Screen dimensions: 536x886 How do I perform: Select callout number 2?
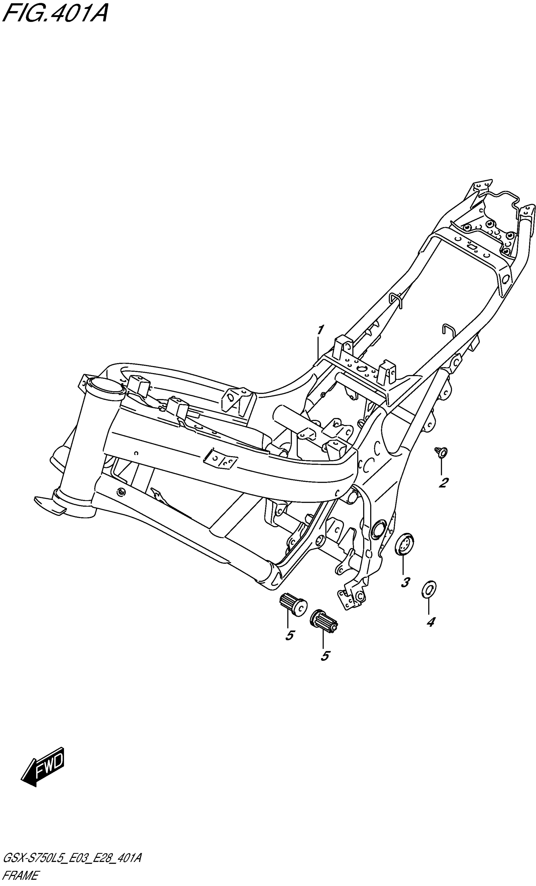pyautogui.click(x=443, y=483)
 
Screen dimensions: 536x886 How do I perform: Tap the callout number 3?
pyautogui.click(x=405, y=582)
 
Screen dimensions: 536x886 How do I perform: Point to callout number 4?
pyautogui.click(x=430, y=621)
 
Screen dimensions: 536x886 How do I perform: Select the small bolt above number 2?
pyautogui.click(x=441, y=452)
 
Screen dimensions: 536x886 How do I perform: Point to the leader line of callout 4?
pyautogui.click(x=428, y=607)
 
